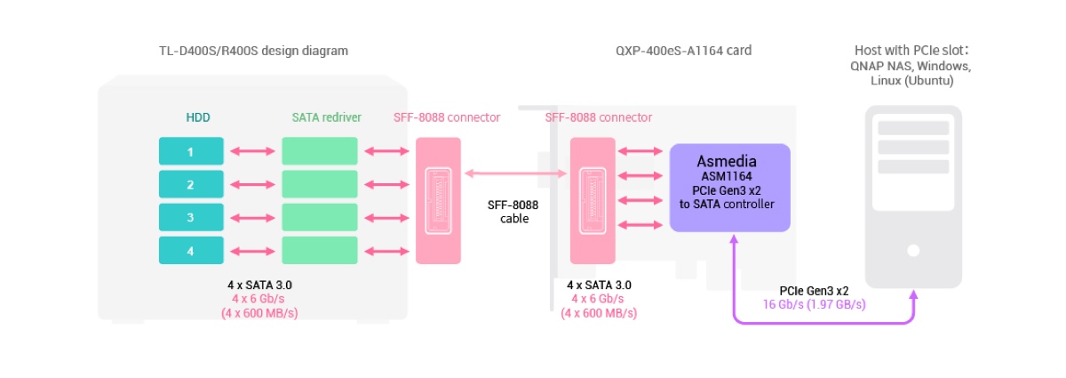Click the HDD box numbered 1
click(191, 151)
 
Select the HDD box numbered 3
click(191, 218)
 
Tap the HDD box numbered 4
click(191, 251)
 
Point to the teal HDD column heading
click(198, 117)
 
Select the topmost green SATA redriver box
click(320, 151)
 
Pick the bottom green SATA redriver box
click(320, 251)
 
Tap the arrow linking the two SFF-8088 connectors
click(515, 174)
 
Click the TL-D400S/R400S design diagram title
click(248, 51)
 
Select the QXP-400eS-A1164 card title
click(684, 51)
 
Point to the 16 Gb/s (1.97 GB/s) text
click(814, 304)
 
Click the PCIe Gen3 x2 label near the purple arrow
click(814, 291)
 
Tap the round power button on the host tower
click(913, 251)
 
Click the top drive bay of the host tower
click(913, 128)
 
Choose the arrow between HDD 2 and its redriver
click(252, 185)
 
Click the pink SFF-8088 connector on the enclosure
click(438, 200)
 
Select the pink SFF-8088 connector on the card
click(593, 200)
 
